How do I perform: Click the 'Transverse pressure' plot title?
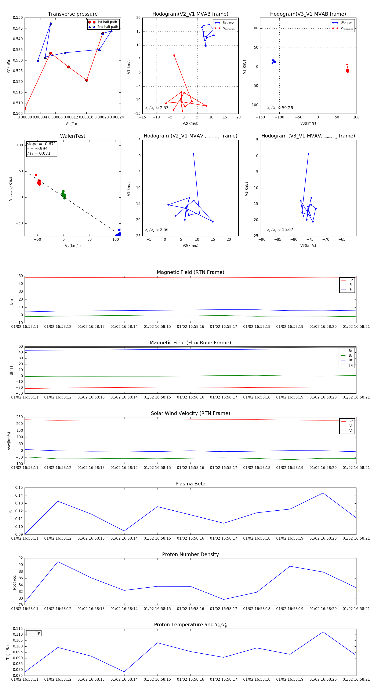(73, 14)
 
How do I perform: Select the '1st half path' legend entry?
(107, 22)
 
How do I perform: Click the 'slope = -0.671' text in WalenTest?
(41, 144)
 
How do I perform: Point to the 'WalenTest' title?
(73, 136)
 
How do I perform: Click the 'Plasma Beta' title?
(190, 484)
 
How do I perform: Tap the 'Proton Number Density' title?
(190, 554)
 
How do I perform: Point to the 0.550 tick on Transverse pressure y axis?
(18, 18)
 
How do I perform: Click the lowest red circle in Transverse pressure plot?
(25, 109)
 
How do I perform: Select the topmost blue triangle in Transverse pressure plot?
(51, 23)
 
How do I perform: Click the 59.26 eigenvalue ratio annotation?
(280, 108)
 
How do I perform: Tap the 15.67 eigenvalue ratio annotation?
(280, 230)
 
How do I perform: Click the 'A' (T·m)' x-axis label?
(73, 124)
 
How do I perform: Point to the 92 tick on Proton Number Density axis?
(21, 558)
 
